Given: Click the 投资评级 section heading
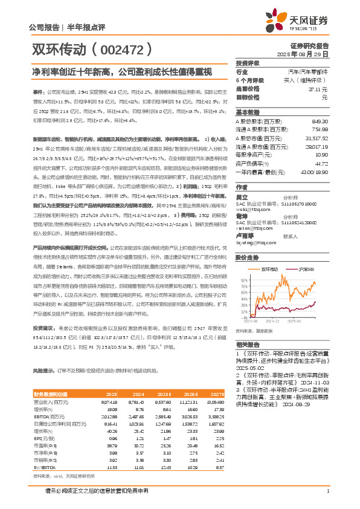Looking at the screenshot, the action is click(x=248, y=63).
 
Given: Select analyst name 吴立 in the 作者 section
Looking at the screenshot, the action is click(x=242, y=197).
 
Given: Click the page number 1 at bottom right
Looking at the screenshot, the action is click(x=327, y=490).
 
